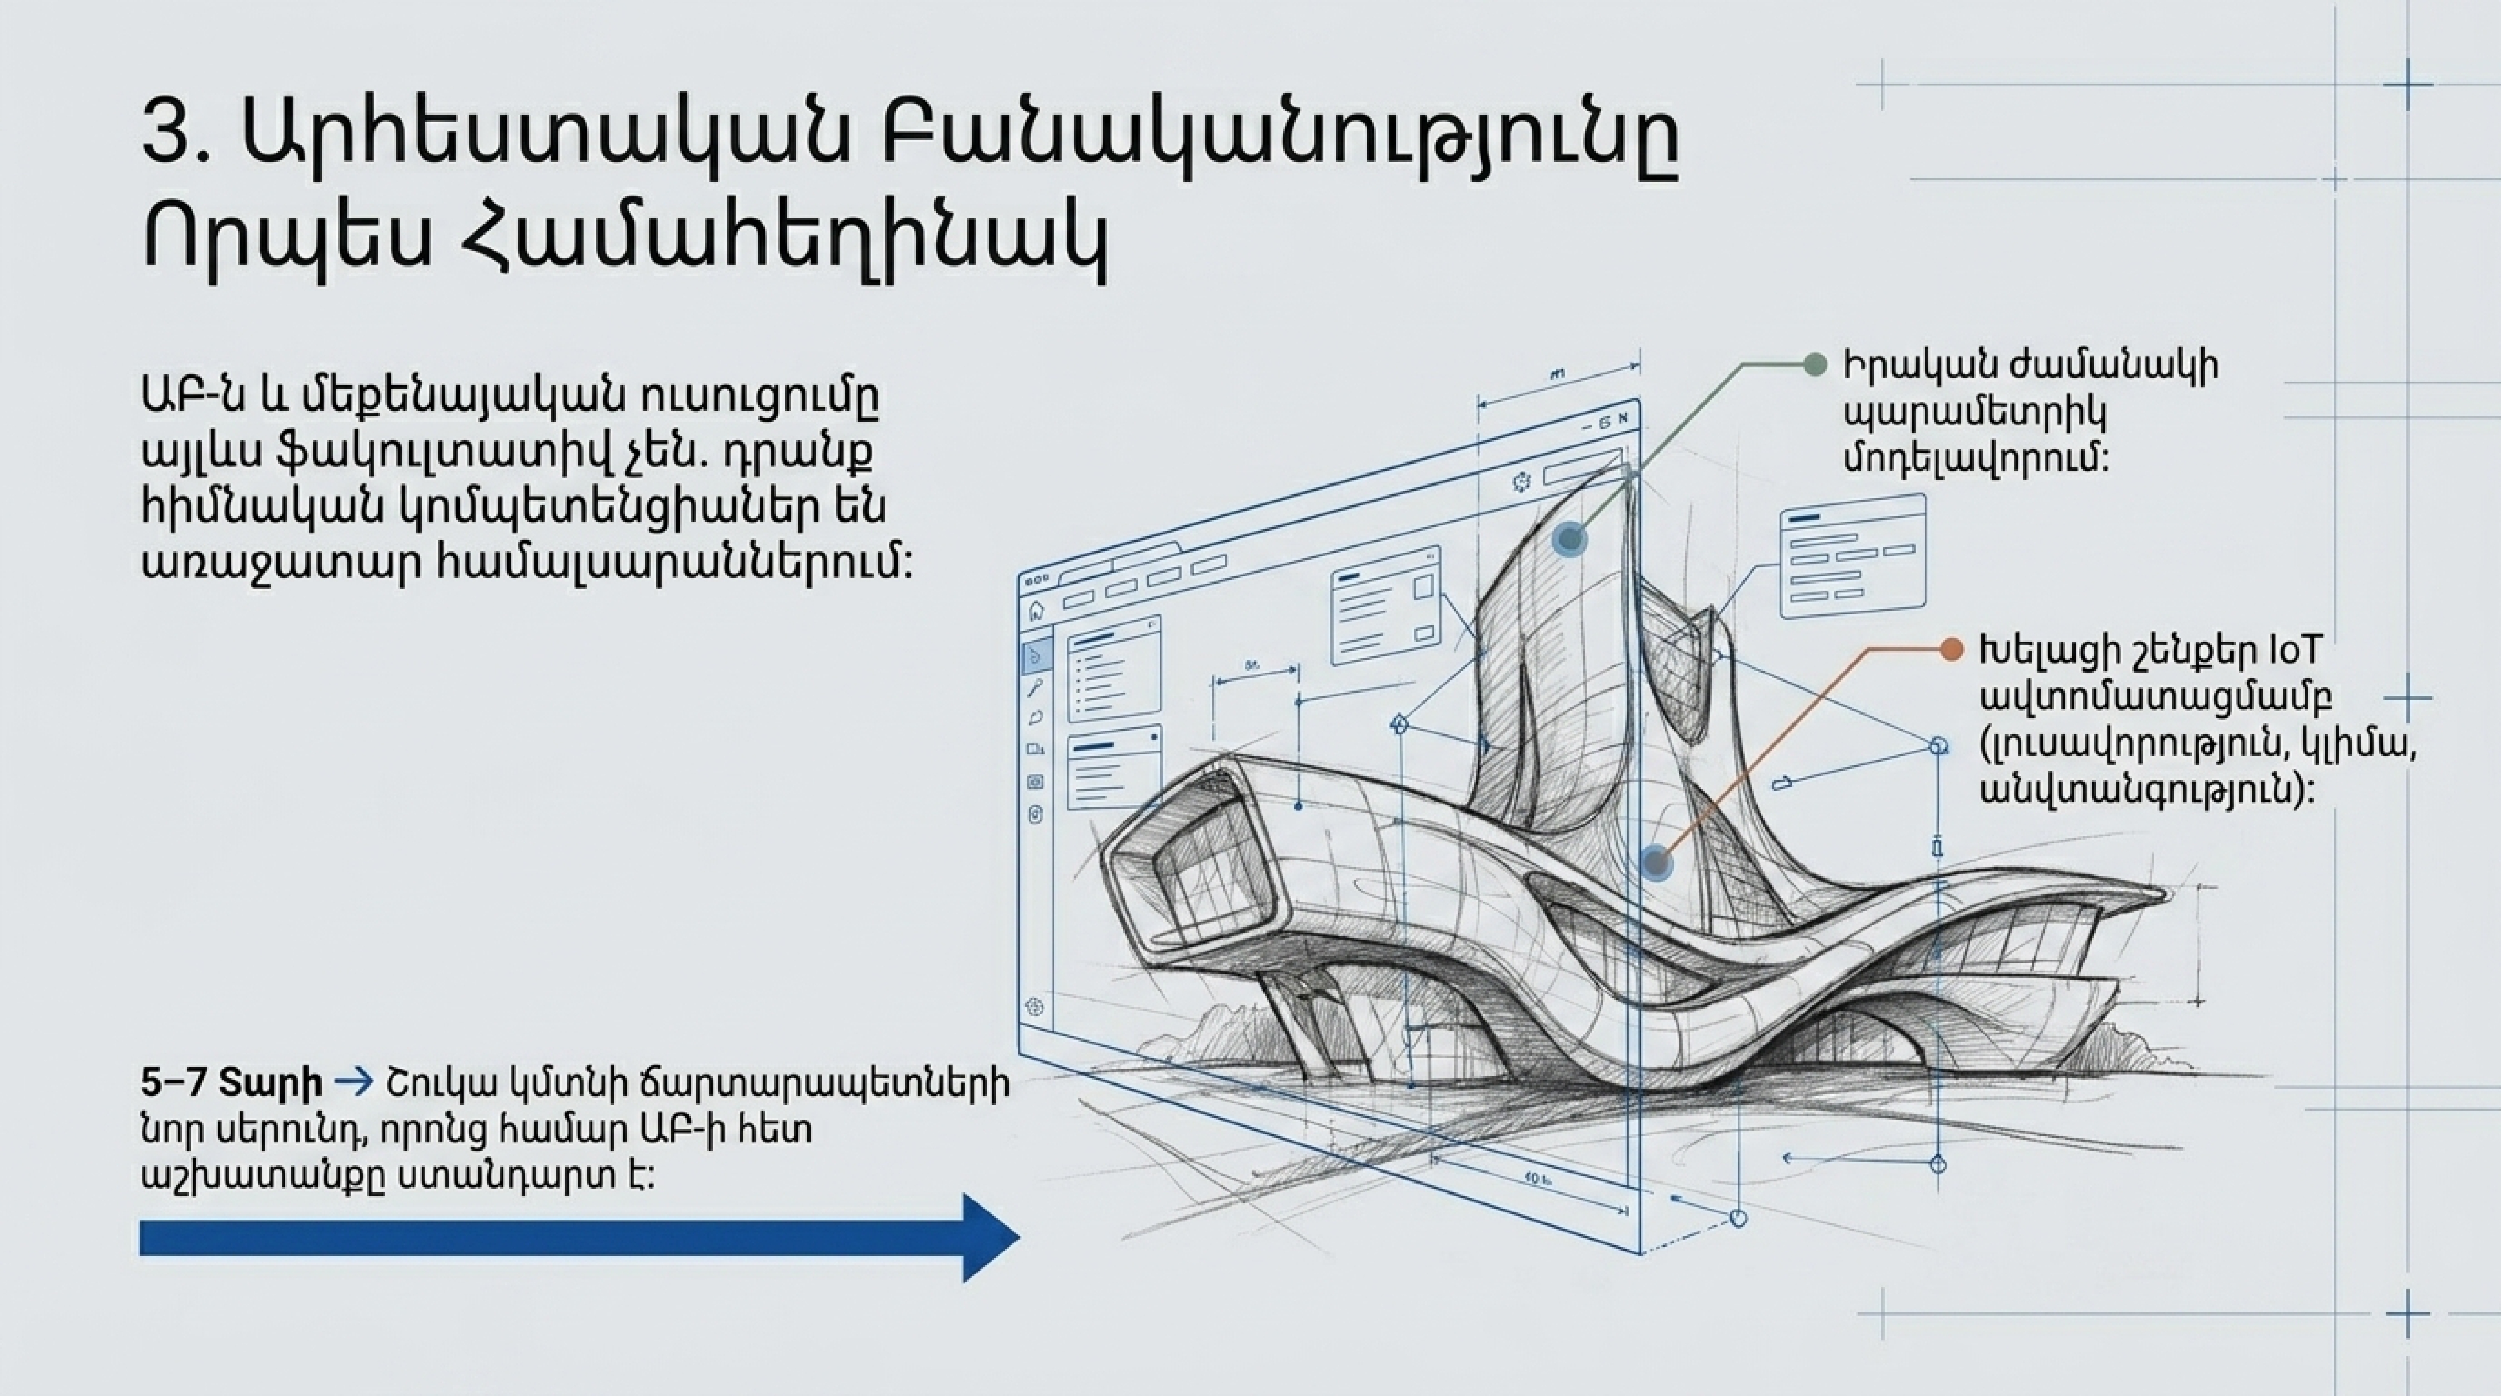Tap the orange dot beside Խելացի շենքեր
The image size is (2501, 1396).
(1951, 650)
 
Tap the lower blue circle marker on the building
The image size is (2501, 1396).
(1656, 862)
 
